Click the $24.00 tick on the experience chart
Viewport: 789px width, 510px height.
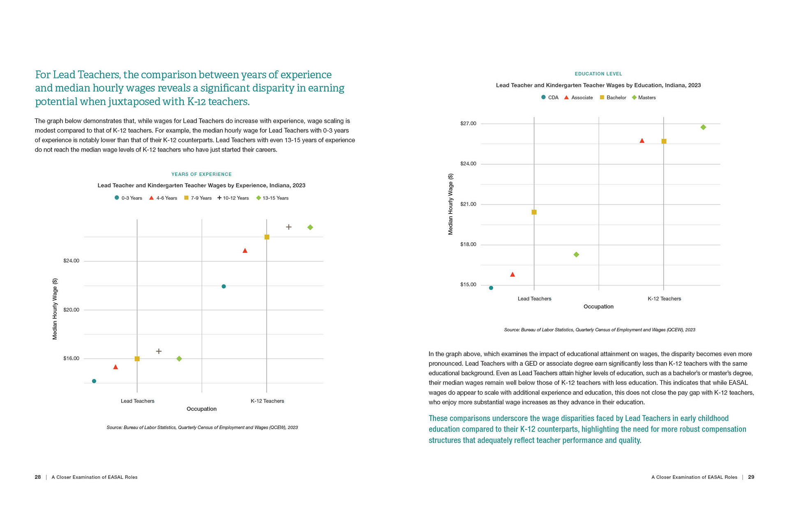(x=71, y=261)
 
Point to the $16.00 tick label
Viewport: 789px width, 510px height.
(x=71, y=358)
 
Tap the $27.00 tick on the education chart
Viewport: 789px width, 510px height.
(x=468, y=124)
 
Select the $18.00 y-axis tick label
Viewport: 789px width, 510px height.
(x=468, y=244)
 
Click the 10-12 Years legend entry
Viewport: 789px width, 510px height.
(x=233, y=198)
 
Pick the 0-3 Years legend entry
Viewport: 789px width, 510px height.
(x=128, y=198)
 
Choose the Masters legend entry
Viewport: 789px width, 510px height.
(x=644, y=98)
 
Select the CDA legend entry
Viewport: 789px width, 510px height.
(x=550, y=98)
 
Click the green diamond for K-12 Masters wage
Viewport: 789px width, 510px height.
(x=703, y=127)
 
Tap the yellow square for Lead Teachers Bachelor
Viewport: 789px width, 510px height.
(x=534, y=212)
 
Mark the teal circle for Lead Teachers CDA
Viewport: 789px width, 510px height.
(x=491, y=288)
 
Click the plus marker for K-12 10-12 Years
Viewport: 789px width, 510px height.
(x=289, y=227)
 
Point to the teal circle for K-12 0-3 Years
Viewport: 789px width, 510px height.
(x=224, y=286)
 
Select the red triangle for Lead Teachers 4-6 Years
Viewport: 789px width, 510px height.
(x=115, y=367)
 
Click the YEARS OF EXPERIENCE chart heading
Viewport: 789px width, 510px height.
(x=201, y=175)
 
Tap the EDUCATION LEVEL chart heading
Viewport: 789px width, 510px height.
(x=598, y=74)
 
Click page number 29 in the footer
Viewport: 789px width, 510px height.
(x=751, y=477)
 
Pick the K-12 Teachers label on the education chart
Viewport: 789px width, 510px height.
(x=664, y=299)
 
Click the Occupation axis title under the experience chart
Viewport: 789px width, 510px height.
(x=201, y=409)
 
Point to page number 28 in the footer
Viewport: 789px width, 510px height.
(x=38, y=477)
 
